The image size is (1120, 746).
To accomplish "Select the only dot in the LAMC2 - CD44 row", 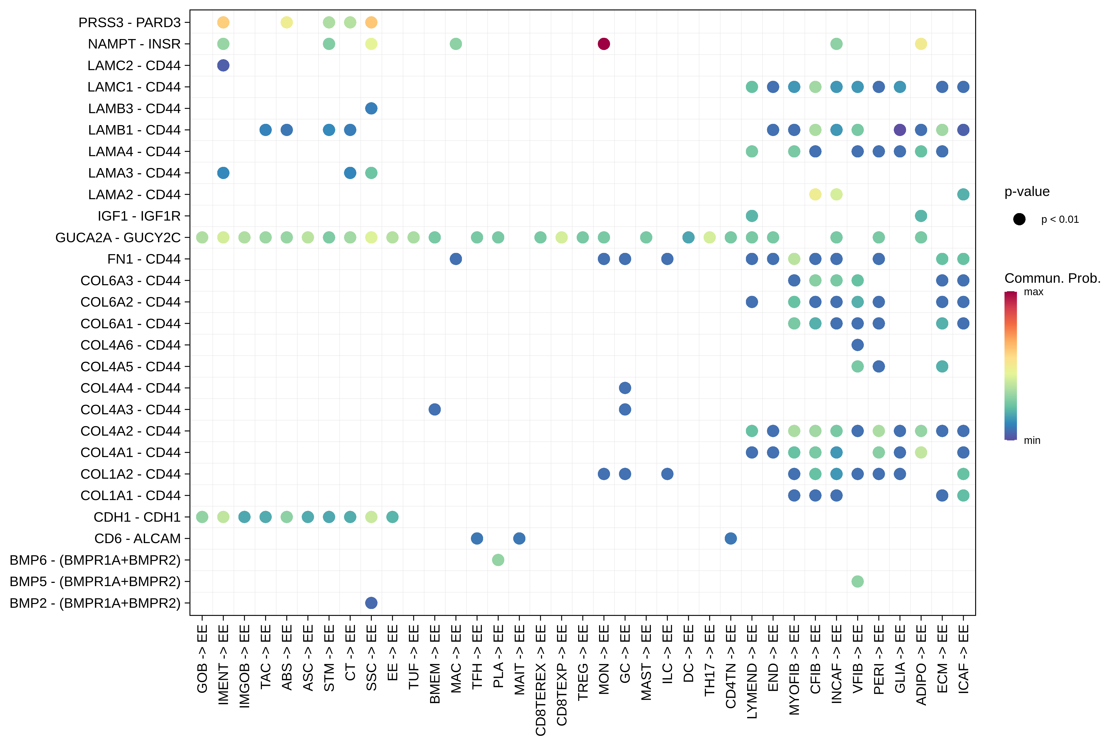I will tap(223, 65).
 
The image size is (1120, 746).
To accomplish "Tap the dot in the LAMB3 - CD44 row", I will tap(371, 108).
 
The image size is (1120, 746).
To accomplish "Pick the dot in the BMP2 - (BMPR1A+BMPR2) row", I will tap(371, 603).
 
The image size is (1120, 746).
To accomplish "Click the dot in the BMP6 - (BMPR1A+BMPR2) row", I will tap(498, 560).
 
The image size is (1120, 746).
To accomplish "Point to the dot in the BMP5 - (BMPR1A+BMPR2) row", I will tap(857, 581).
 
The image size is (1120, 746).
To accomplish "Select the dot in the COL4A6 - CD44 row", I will tap(857, 345).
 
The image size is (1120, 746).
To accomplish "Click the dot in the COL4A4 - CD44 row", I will tap(625, 388).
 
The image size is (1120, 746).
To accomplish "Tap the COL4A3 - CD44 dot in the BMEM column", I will tap(434, 409).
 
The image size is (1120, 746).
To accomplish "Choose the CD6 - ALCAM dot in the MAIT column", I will tap(519, 539).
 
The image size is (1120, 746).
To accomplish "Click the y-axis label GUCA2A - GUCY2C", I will tap(118, 237).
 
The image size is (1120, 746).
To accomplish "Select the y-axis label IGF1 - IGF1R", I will tap(139, 216).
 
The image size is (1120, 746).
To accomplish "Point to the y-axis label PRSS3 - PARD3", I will tap(129, 22).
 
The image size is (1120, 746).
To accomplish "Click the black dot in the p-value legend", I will tap(1019, 219).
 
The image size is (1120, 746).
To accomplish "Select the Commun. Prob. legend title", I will tap(1052, 278).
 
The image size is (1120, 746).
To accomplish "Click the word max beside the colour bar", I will tap(1033, 292).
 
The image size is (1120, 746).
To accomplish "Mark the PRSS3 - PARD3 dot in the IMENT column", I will tap(223, 22).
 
